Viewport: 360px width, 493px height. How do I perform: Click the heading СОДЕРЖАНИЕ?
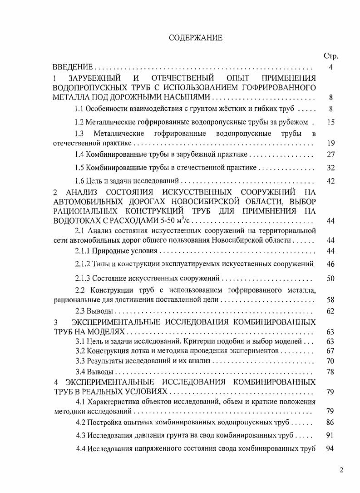(196, 38)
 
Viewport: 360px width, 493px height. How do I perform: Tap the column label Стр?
(330, 56)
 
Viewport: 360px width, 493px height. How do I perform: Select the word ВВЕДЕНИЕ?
(73, 67)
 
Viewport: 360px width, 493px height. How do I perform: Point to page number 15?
(330, 122)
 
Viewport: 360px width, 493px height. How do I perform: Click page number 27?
(330, 154)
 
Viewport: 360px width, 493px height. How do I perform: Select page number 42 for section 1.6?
(330, 181)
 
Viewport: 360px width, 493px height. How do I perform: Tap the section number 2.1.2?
(83, 264)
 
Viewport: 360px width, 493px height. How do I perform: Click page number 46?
(330, 264)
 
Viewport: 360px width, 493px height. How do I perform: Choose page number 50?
(330, 278)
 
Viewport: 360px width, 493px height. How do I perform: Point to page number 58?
(330, 300)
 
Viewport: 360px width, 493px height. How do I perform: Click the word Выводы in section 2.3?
(99, 311)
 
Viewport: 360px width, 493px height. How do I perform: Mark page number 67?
(330, 351)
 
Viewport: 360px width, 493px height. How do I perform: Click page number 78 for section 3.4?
(330, 372)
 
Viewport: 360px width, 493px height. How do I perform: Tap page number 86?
(330, 423)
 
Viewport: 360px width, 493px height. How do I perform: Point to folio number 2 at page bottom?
(341, 470)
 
